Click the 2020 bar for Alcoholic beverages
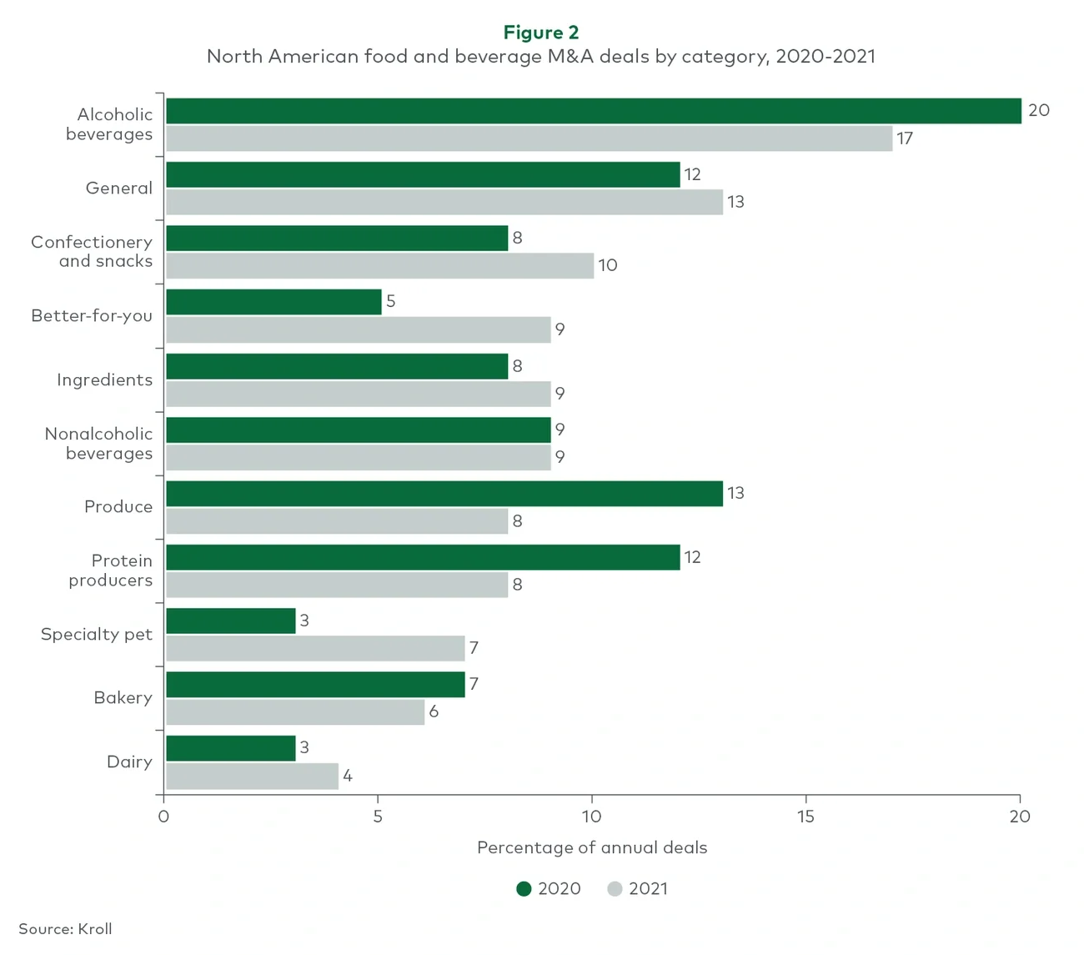[593, 111]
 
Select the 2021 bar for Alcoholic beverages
[529, 138]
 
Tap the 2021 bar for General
[444, 202]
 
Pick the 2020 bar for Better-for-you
[274, 302]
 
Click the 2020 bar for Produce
[444, 494]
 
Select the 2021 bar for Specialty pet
[315, 648]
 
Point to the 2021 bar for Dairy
[252, 776]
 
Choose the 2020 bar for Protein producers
[423, 557]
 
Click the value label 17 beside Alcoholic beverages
[905, 138]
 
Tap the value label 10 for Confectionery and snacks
[608, 265]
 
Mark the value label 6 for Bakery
[434, 711]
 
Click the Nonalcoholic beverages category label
[98, 444]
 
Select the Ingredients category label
[104, 380]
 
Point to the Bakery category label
[123, 698]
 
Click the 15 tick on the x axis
[805, 817]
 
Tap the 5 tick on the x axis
[378, 817]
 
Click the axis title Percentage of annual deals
[592, 848]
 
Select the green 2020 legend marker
[524, 889]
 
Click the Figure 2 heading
[541, 33]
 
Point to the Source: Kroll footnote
[65, 929]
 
